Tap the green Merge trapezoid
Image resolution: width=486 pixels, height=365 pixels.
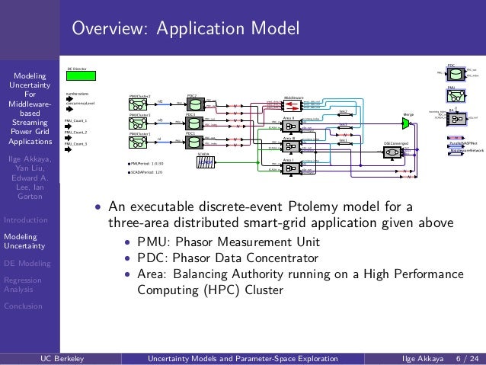point(408,122)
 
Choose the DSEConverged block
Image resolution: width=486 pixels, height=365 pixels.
point(392,152)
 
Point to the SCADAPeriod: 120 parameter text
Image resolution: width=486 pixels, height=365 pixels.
point(149,172)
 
